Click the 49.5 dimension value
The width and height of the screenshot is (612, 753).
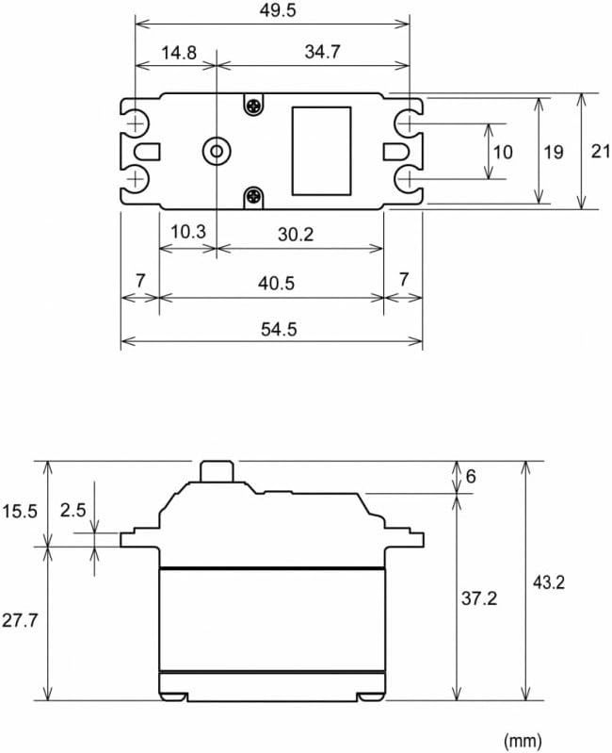pyautogui.click(x=278, y=10)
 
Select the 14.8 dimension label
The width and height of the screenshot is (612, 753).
pyautogui.click(x=178, y=53)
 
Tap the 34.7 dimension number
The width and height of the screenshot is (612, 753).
pyautogui.click(x=322, y=52)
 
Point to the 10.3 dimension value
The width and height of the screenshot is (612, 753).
pyautogui.click(x=188, y=232)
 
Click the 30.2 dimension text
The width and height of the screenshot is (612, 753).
pyautogui.click(x=296, y=235)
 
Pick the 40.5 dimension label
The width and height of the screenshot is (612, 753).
pyautogui.click(x=276, y=284)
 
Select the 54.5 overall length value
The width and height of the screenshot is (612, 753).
pyautogui.click(x=279, y=330)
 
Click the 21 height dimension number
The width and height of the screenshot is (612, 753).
pyautogui.click(x=601, y=152)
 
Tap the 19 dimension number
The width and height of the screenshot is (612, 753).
pyautogui.click(x=553, y=153)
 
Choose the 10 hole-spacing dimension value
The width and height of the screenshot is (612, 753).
pyautogui.click(x=503, y=153)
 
